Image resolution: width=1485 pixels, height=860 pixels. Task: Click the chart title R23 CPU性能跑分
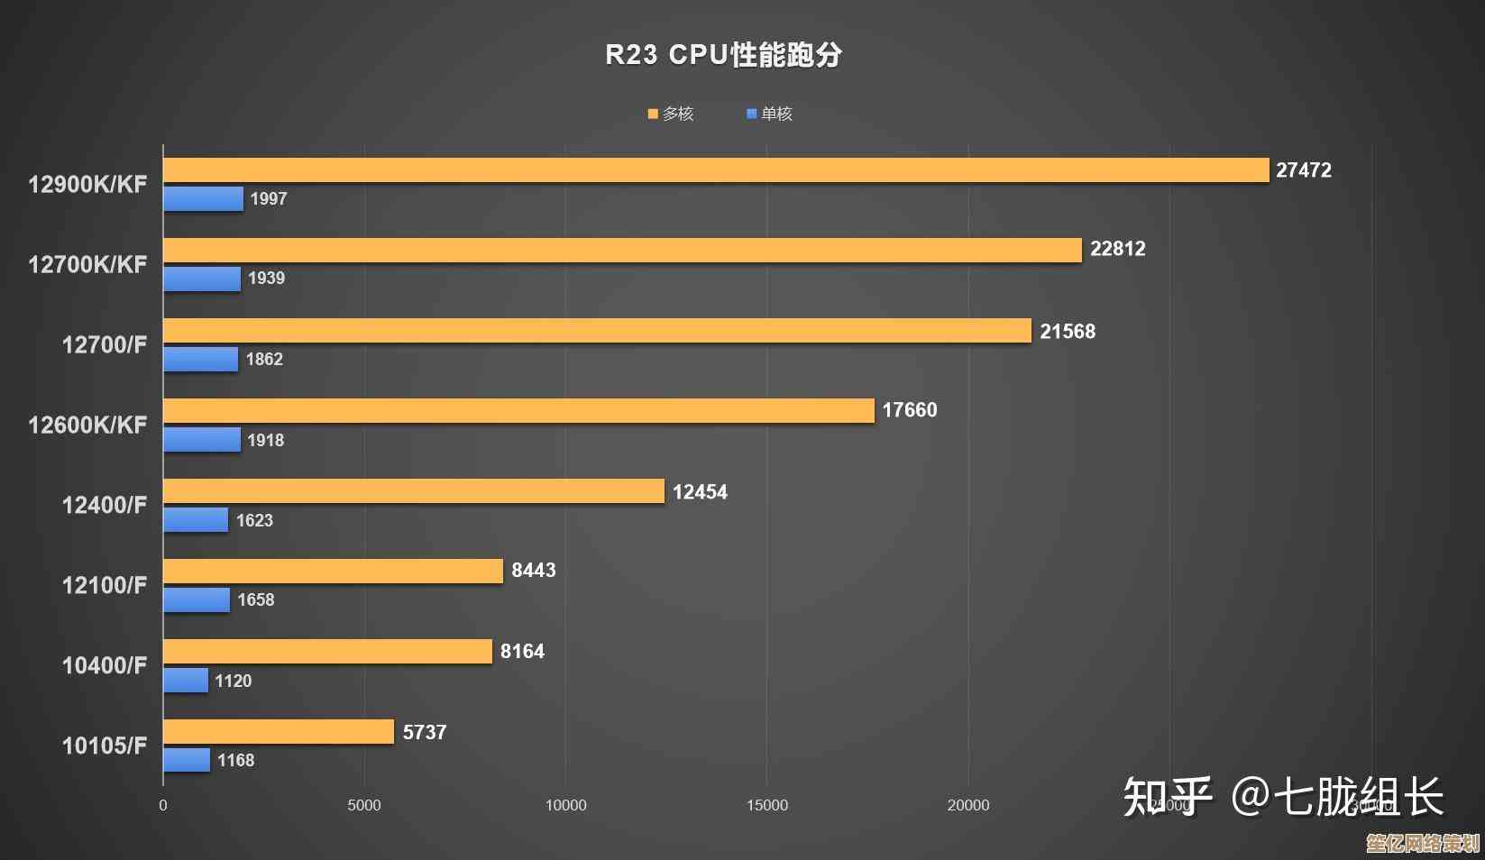click(723, 55)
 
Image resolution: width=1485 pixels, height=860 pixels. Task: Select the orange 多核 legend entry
click(671, 114)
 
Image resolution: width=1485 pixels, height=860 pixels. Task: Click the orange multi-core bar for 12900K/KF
click(716, 170)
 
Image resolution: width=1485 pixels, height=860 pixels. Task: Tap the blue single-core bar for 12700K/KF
click(202, 279)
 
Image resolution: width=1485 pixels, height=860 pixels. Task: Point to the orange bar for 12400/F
click(414, 491)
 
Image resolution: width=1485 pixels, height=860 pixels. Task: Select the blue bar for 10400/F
click(186, 681)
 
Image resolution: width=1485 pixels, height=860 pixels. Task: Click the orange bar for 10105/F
click(279, 732)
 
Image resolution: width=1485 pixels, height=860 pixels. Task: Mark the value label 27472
click(1303, 170)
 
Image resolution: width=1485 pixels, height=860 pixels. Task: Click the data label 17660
click(909, 410)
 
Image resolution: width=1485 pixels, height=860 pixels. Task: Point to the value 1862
click(264, 360)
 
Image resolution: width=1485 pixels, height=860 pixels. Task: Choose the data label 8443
click(533, 571)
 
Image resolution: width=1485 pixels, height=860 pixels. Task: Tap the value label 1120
click(233, 682)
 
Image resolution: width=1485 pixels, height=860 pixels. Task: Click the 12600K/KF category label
click(87, 425)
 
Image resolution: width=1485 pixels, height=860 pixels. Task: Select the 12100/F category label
click(104, 585)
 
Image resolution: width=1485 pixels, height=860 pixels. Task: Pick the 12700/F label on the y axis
click(104, 344)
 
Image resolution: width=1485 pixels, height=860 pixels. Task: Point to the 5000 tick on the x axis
click(364, 805)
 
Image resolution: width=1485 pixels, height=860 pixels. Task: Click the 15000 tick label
click(766, 805)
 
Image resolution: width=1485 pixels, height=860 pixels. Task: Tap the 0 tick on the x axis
click(163, 805)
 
